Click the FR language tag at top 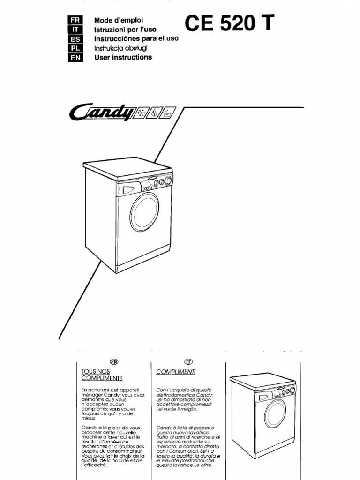point(75,20)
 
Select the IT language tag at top point(75,30)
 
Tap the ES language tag point(75,39)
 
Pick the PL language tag point(75,48)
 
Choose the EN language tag point(75,58)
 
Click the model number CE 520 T point(229,23)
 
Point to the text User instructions point(123,57)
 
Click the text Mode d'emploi point(119,20)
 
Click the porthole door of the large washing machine point(144,212)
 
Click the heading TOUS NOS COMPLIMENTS point(102,375)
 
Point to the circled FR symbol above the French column point(113,361)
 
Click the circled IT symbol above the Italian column point(188,361)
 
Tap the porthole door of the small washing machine point(275,413)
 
